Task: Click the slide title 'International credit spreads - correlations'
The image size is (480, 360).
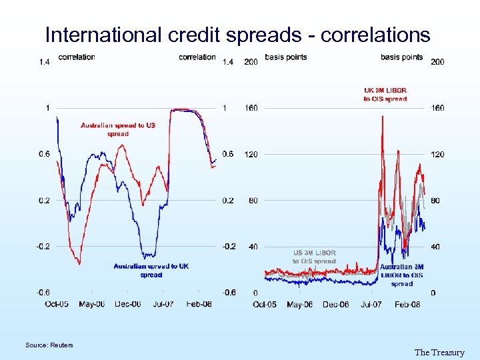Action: [x=238, y=35]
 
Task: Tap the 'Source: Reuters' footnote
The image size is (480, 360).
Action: [x=49, y=345]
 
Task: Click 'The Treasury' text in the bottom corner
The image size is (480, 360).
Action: [x=439, y=353]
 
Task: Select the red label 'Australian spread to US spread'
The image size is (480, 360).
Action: [x=118, y=129]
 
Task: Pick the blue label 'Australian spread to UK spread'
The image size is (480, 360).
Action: [x=151, y=270]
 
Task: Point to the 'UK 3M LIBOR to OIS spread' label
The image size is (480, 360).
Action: [x=385, y=95]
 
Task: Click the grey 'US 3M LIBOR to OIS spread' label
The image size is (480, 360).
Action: [x=315, y=257]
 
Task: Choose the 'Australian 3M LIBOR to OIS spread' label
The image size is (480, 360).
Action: [x=401, y=275]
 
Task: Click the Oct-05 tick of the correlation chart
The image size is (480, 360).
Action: [x=57, y=305]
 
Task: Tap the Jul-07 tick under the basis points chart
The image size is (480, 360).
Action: [x=371, y=305]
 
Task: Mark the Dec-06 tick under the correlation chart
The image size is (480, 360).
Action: [x=127, y=305]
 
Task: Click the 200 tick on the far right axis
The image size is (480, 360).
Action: [x=438, y=62]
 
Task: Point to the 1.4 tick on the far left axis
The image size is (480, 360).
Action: [x=44, y=62]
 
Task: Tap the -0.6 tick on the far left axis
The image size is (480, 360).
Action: [x=43, y=292]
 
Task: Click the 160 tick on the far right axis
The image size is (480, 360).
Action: [x=438, y=108]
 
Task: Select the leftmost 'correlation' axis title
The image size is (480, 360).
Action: [x=77, y=57]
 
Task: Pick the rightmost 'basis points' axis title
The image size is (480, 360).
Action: [x=401, y=57]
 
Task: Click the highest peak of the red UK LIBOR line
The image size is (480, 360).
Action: [x=382, y=117]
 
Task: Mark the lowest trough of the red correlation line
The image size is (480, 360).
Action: [x=79, y=264]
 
